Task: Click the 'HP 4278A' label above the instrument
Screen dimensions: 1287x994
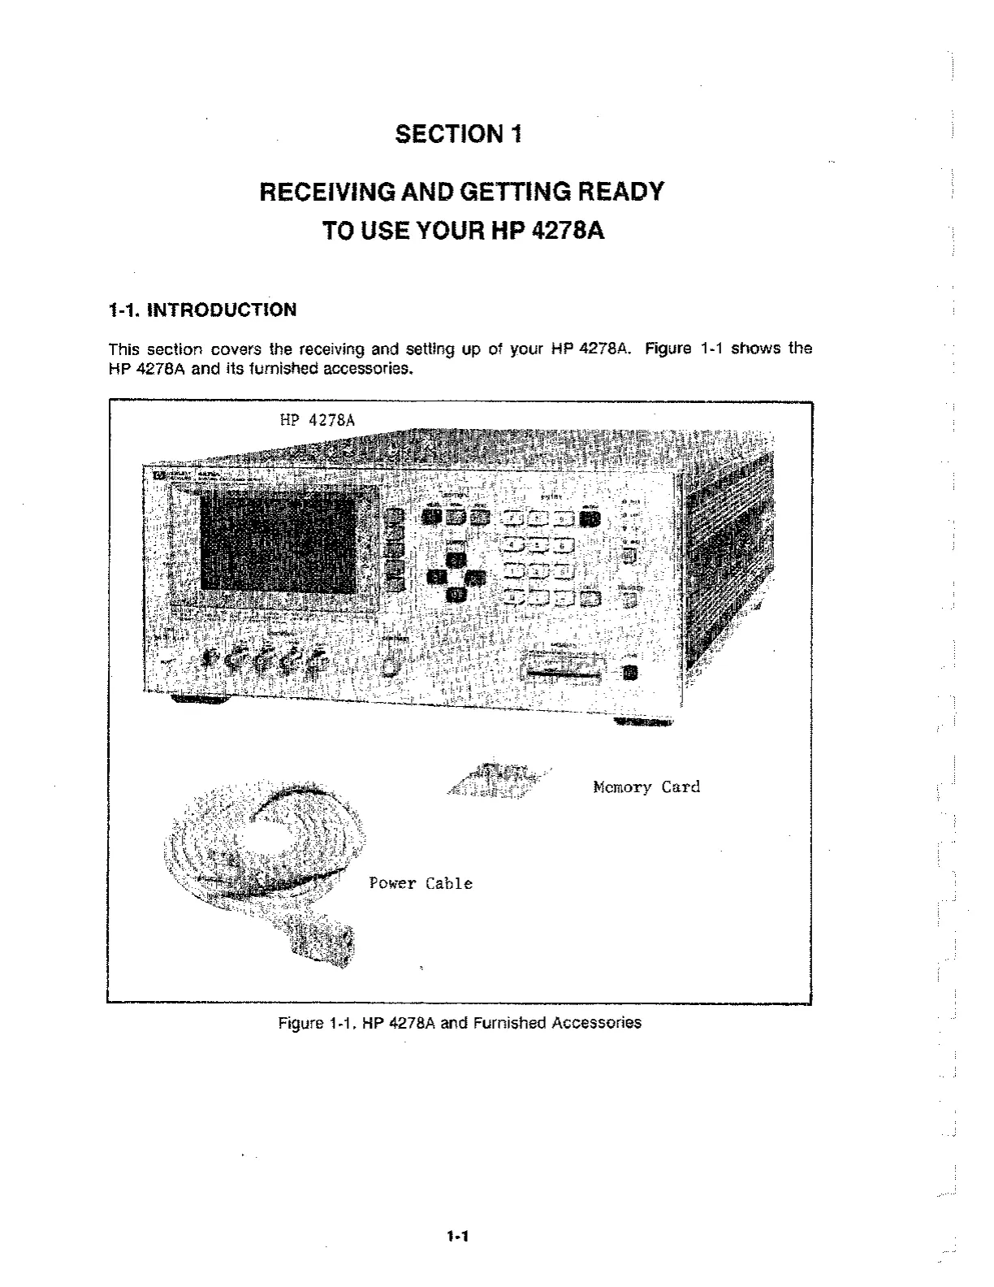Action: coord(317,419)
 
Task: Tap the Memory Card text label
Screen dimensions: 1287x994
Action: coord(646,786)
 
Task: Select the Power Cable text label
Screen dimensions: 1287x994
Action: coord(421,883)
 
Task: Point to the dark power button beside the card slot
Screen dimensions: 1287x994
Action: coord(629,673)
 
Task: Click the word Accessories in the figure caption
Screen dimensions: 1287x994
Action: coord(596,1023)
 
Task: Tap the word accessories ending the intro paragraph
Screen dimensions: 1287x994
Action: coord(369,371)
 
